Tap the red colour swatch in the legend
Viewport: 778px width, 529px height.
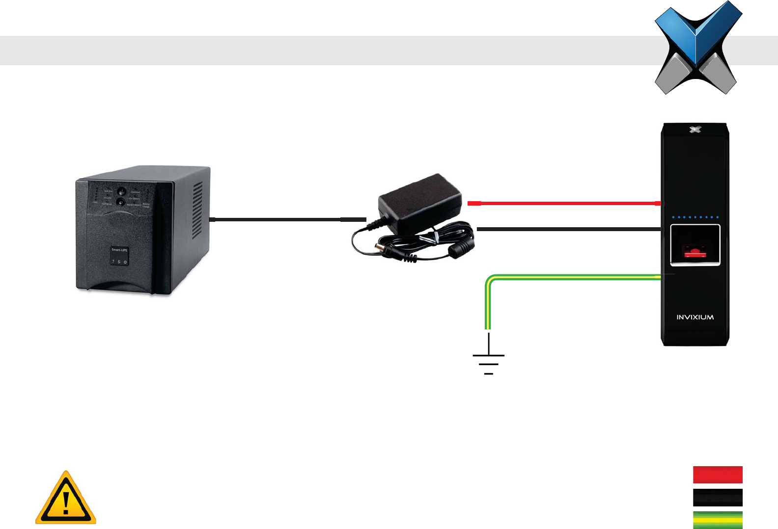pos(718,475)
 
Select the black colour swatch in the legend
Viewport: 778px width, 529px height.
pos(718,497)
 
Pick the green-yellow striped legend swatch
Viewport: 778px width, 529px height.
pos(718,520)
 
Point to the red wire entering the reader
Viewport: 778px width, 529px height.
pos(565,203)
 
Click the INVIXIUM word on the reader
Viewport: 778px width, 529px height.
pos(695,317)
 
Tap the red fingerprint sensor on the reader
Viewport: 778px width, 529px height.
pos(694,253)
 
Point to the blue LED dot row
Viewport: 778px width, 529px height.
pos(695,217)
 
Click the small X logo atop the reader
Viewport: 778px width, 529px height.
pos(695,130)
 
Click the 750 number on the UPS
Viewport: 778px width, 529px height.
pos(119,262)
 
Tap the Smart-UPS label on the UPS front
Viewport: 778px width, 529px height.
pos(119,250)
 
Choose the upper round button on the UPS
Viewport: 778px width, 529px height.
pos(121,191)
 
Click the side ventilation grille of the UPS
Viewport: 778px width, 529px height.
pos(197,211)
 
